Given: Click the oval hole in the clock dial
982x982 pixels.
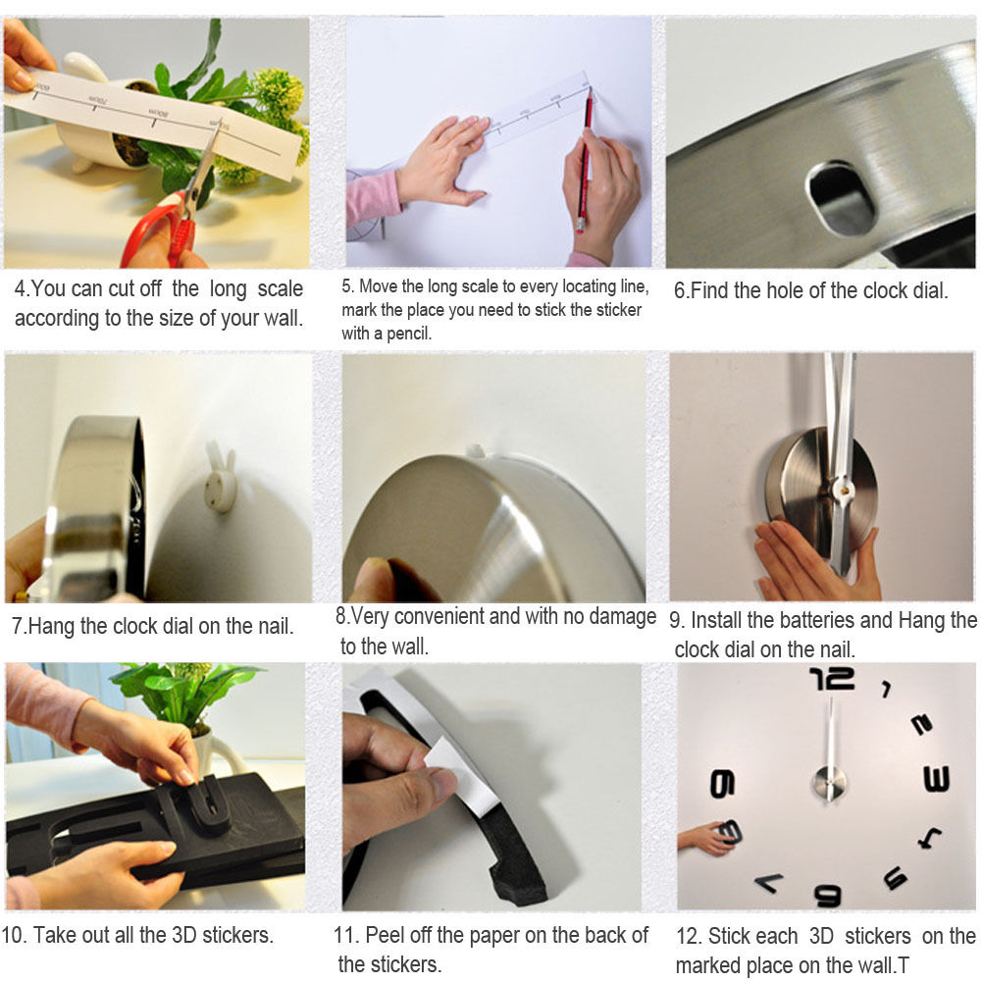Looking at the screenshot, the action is coord(840,197).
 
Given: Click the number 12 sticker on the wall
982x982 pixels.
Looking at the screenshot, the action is coord(832,679).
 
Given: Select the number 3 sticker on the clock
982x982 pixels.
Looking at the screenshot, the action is coord(937,779).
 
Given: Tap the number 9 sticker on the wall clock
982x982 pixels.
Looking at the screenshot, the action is coord(722,784).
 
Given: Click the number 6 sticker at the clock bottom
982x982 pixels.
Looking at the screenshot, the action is coord(827,895).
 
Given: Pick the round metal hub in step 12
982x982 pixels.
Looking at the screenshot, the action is coord(829,782).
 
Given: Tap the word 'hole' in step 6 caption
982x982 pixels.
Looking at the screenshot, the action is coord(785,290).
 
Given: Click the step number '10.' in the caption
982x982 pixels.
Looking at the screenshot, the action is coord(14,935).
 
